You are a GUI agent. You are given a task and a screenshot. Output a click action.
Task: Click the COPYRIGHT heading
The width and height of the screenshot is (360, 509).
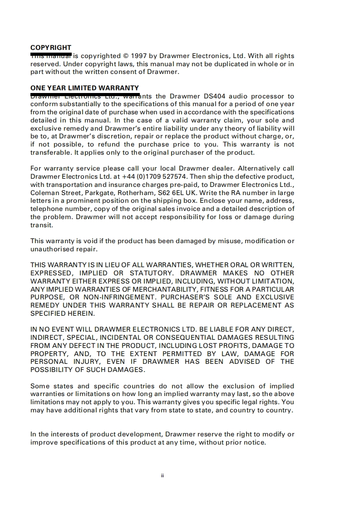pyautogui.click(x=51, y=48)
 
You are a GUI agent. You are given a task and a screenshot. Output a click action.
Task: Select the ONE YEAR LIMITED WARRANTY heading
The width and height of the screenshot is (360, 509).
pyautogui.click(x=84, y=88)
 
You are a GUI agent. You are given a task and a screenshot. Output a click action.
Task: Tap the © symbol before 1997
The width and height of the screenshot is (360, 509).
pyautogui.click(x=126, y=56)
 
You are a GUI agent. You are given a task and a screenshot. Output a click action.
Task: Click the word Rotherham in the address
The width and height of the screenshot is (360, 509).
pyautogui.click(x=131, y=193)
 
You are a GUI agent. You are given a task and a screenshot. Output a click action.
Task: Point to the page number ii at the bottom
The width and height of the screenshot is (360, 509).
pyautogui.click(x=162, y=475)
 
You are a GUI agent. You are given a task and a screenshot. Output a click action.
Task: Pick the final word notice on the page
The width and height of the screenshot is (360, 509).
pyautogui.click(x=254, y=442)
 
